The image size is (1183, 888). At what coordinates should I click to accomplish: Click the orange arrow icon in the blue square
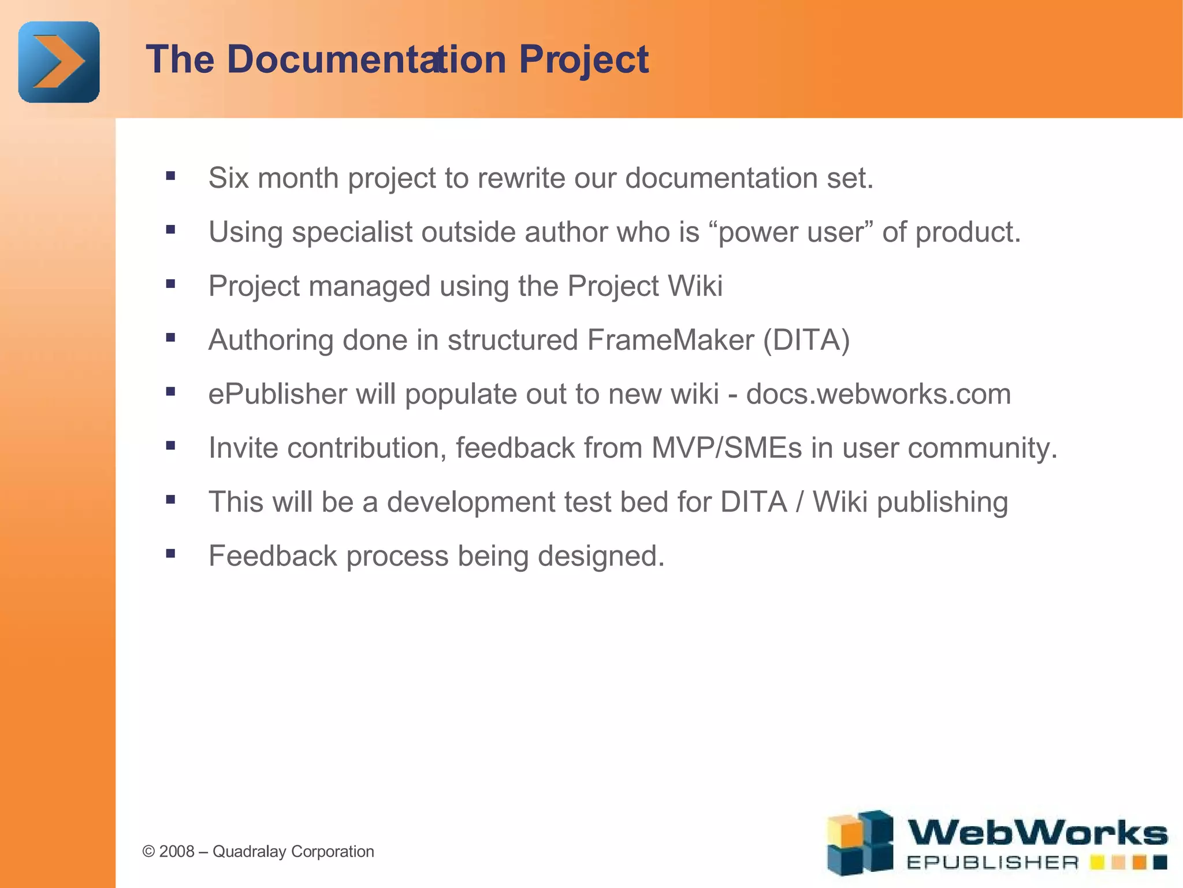click(58, 62)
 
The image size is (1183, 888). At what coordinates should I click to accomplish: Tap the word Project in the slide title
click(583, 60)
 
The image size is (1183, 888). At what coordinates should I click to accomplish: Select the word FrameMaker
click(671, 339)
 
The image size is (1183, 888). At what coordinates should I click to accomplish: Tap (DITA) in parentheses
click(806, 340)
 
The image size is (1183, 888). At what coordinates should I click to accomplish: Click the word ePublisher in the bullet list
click(277, 394)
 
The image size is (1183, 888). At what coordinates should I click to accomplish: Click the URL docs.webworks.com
click(878, 394)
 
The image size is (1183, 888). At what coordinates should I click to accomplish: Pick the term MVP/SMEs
click(727, 447)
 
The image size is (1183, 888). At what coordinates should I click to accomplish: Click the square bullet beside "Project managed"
click(170, 284)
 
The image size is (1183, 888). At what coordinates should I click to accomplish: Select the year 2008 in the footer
click(176, 852)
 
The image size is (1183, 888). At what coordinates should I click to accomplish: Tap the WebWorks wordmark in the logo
click(1037, 833)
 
